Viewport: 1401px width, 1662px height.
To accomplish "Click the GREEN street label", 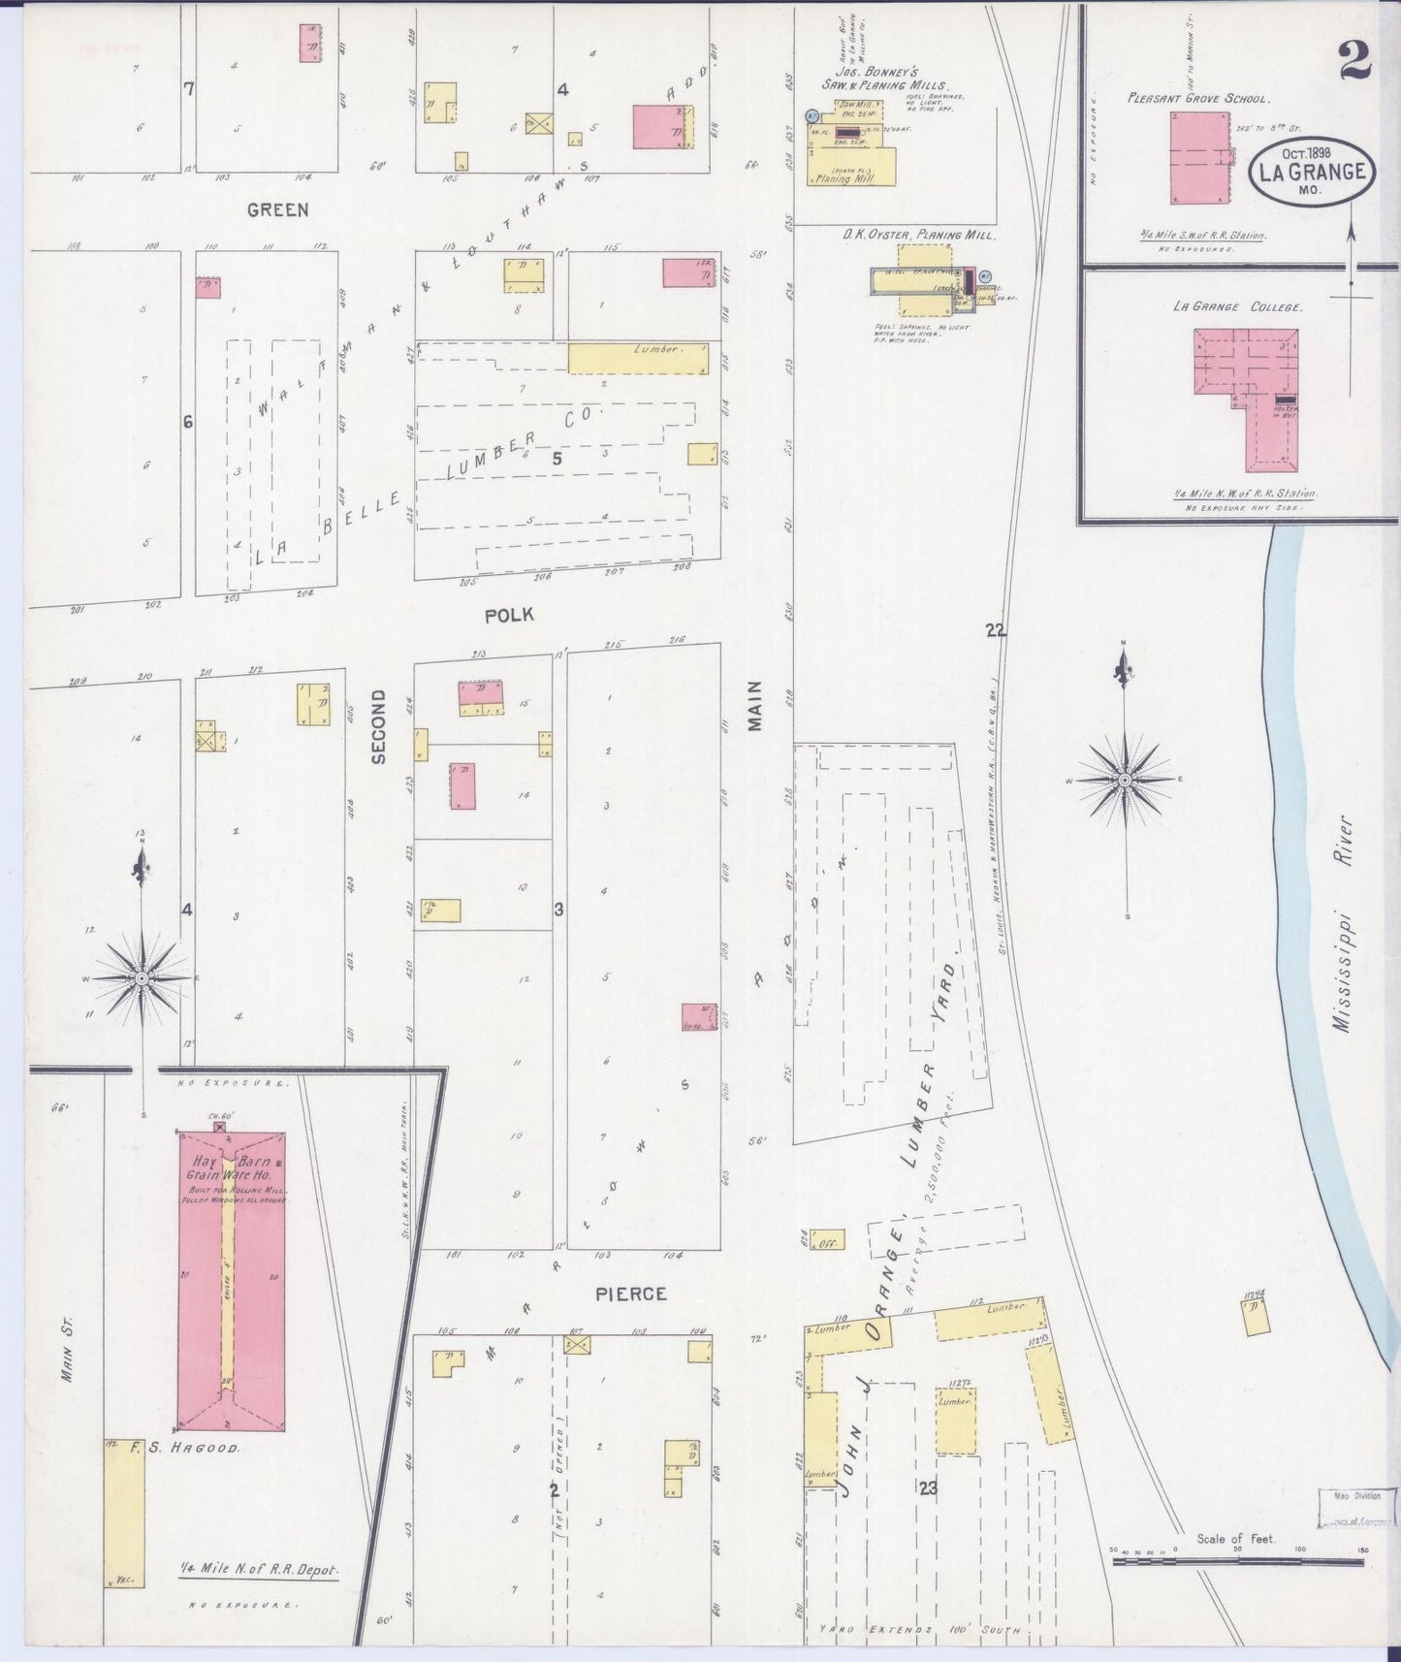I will coord(277,209).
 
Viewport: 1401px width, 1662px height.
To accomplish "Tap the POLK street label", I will coord(509,615).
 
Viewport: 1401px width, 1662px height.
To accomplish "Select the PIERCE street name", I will coord(631,1294).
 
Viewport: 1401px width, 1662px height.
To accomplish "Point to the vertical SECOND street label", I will coord(378,726).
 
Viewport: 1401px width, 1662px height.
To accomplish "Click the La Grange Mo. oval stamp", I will coord(1312,172).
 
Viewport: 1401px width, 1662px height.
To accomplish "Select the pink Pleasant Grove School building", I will coord(1199,157).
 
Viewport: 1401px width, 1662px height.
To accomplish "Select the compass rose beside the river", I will coord(1125,779).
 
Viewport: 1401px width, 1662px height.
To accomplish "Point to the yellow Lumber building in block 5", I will coord(638,359).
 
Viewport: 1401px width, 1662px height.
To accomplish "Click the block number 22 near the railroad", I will coord(995,631).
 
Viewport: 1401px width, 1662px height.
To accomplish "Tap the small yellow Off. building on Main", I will coord(828,1240).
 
